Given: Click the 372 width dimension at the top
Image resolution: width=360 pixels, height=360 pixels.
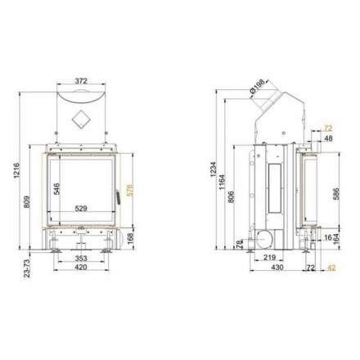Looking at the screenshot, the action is pyautogui.click(x=81, y=81).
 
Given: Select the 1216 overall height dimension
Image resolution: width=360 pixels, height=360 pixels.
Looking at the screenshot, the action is pyautogui.click(x=16, y=170).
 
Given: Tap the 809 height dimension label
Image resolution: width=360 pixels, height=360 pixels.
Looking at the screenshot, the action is pyautogui.click(x=27, y=202).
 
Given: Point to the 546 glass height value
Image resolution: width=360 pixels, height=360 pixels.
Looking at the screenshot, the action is pyautogui.click(x=56, y=189).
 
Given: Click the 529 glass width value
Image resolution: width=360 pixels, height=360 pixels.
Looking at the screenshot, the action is pyautogui.click(x=81, y=209).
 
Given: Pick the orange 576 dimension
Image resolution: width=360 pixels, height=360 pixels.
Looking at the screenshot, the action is pyautogui.click(x=129, y=190).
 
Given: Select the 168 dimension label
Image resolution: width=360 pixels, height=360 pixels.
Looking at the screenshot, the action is pyautogui.click(x=130, y=239).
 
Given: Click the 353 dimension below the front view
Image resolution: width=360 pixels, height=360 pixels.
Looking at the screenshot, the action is pyautogui.click(x=81, y=258).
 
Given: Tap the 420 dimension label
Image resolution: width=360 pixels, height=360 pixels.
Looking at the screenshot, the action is pyautogui.click(x=81, y=267).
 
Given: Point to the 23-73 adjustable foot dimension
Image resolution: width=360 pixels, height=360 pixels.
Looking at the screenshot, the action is pyautogui.click(x=27, y=268).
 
